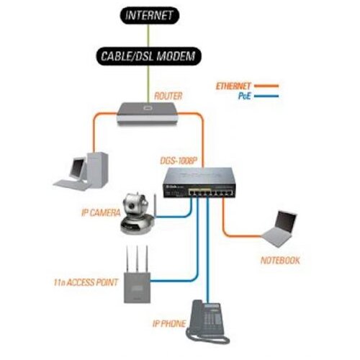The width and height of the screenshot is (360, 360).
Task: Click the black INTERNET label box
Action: point(150,15)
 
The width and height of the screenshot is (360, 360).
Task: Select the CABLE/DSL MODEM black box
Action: point(148,56)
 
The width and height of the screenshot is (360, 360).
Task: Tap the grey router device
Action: point(148,114)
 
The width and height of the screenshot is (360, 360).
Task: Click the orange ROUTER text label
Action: point(168,96)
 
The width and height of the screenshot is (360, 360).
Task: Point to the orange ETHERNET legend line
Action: point(266,86)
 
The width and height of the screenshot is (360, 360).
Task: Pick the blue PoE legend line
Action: point(266,96)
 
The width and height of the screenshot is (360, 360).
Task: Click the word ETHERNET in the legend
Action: point(233,86)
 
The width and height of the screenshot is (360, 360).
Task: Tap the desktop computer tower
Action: point(97,169)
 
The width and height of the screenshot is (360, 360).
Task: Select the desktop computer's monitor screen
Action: point(78,168)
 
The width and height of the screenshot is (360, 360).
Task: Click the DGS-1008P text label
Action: point(179,161)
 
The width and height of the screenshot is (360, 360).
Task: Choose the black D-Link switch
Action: point(199,183)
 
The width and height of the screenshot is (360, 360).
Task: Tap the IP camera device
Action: point(138,214)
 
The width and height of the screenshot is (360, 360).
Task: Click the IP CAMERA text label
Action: point(101,212)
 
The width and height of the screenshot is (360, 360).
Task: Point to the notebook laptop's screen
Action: point(286,222)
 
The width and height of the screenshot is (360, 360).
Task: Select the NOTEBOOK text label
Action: point(280,261)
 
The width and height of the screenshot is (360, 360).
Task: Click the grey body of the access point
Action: point(137,287)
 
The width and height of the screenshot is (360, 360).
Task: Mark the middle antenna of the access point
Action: point(138,258)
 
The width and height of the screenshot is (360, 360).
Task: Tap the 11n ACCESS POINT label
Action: point(86,282)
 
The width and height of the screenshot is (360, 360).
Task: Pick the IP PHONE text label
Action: point(169,324)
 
